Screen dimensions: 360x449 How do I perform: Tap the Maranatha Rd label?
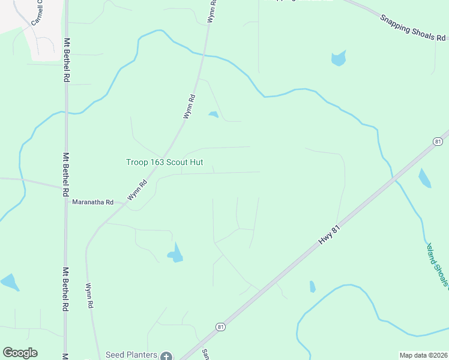[x=92, y=203]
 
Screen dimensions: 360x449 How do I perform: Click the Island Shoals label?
[x=437, y=264]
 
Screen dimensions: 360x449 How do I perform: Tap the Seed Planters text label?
[x=131, y=355]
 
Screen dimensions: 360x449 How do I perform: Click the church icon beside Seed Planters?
[x=166, y=355]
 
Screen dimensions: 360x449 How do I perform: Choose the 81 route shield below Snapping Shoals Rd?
[x=438, y=141]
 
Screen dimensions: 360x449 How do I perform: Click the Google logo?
[x=20, y=353]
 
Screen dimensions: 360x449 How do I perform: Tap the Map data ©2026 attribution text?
[x=423, y=355]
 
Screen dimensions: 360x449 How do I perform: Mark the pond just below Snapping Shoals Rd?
[x=339, y=58]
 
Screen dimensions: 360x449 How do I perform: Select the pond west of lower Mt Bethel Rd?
[x=10, y=281]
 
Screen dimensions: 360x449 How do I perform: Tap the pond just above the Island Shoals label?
[x=424, y=178]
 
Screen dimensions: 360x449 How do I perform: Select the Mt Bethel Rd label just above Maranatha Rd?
[x=66, y=174]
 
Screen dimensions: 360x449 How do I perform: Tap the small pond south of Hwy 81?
[x=312, y=286]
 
